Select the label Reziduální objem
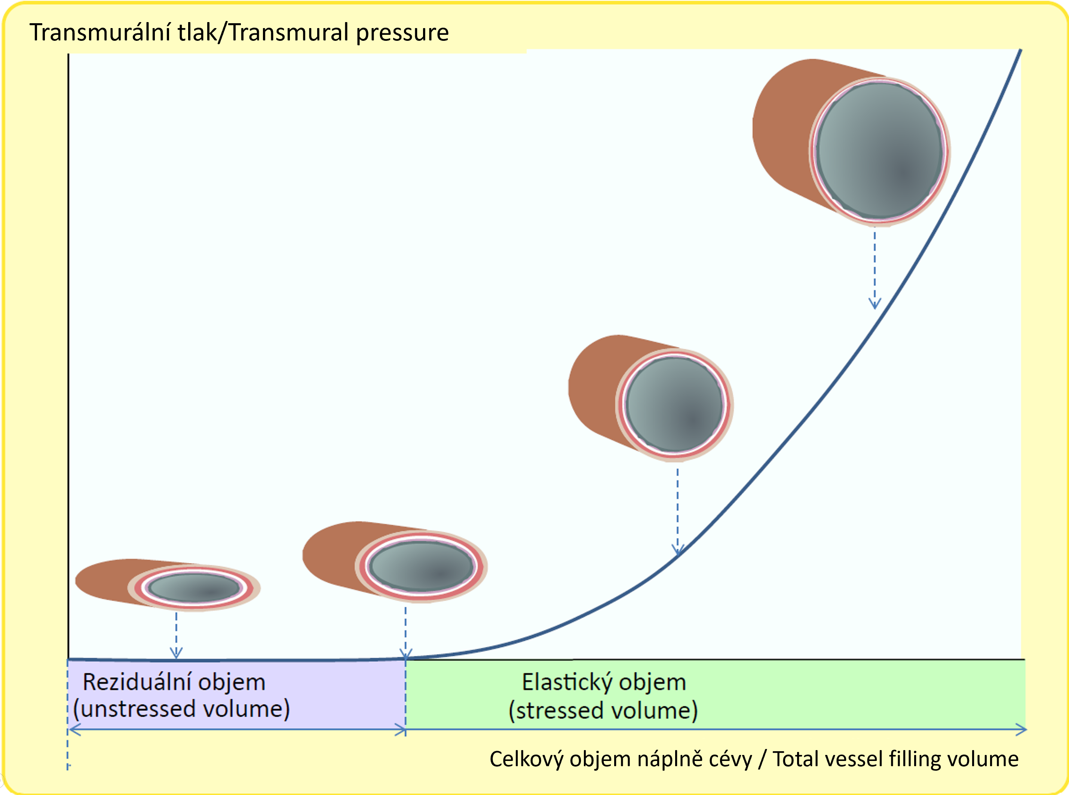click(x=174, y=682)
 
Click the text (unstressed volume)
click(x=182, y=709)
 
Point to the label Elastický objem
click(x=604, y=682)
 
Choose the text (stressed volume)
click(x=603, y=711)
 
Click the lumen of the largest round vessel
click(x=880, y=150)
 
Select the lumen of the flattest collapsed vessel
click(x=195, y=588)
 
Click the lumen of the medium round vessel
click(x=675, y=404)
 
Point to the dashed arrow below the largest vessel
click(x=875, y=269)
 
